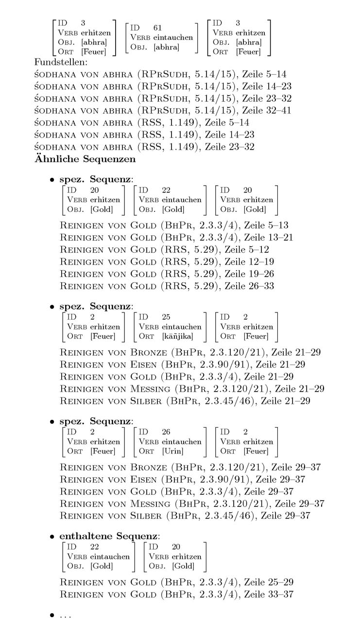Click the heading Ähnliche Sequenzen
click(x=85, y=158)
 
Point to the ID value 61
click(x=157, y=27)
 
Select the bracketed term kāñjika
click(x=177, y=336)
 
